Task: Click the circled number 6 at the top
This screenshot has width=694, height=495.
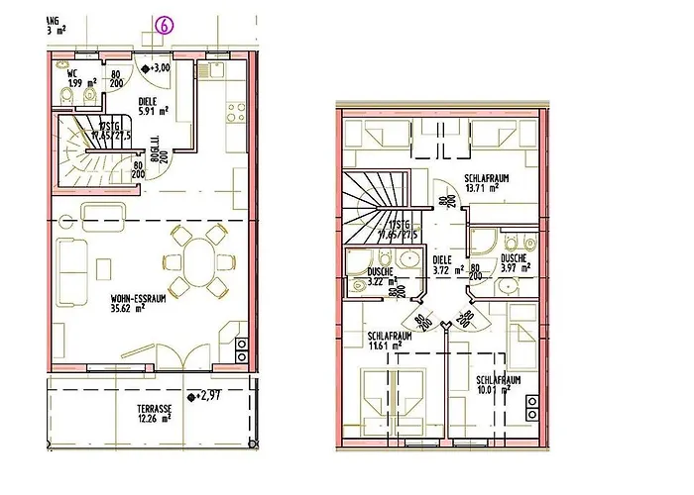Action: [x=164, y=28]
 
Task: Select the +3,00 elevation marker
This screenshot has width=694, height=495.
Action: [x=158, y=68]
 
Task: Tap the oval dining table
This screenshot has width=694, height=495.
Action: [x=199, y=259]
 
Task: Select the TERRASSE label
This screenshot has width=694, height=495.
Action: [x=154, y=408]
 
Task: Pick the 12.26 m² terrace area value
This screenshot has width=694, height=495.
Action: [x=155, y=420]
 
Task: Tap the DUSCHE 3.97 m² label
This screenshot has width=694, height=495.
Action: [x=516, y=262]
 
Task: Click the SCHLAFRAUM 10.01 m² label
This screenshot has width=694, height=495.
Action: [x=499, y=385]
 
